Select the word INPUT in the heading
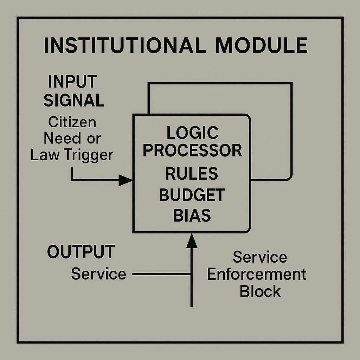(x=72, y=82)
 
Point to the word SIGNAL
(x=74, y=101)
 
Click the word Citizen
(x=72, y=122)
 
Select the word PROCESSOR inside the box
(x=192, y=150)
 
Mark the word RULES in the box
(x=192, y=174)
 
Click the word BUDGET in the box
(x=192, y=195)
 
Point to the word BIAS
(x=192, y=216)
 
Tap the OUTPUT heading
(x=81, y=252)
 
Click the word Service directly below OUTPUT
(x=98, y=274)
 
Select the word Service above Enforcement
(x=260, y=257)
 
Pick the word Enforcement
(x=257, y=274)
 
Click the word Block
(x=260, y=291)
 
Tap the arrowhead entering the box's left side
(x=126, y=180)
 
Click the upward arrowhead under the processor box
(x=192, y=241)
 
